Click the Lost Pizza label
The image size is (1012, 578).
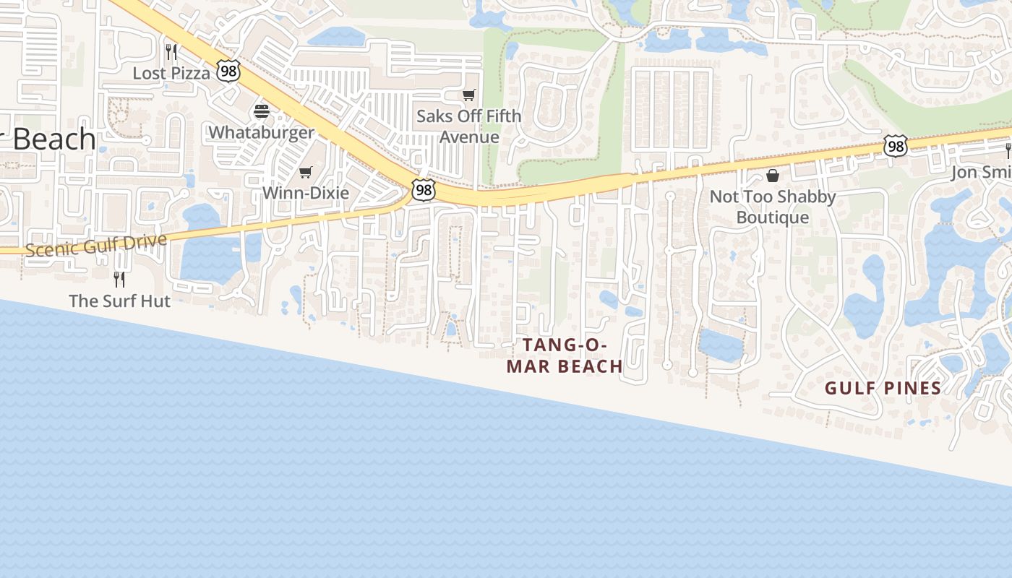(171, 73)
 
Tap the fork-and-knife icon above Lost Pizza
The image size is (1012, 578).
(171, 52)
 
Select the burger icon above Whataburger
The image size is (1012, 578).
(262, 111)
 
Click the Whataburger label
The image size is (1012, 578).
(262, 132)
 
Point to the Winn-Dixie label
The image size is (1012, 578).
(305, 193)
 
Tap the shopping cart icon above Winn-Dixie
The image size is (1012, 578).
(305, 172)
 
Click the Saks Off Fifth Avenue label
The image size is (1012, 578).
(469, 126)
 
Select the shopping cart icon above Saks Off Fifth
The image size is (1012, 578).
(469, 95)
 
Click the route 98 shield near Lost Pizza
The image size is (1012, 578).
(228, 71)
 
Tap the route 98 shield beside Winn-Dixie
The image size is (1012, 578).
(424, 189)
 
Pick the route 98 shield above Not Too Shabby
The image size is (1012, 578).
(895, 146)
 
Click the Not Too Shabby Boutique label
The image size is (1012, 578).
(773, 207)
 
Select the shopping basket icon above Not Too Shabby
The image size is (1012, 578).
(773, 176)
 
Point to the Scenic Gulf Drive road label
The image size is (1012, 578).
(95, 244)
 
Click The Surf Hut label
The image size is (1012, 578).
(119, 301)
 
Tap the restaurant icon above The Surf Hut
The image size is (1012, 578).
(119, 279)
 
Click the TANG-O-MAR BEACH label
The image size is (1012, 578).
(565, 355)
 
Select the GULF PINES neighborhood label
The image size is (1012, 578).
(883, 389)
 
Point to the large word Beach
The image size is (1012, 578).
(52, 139)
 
